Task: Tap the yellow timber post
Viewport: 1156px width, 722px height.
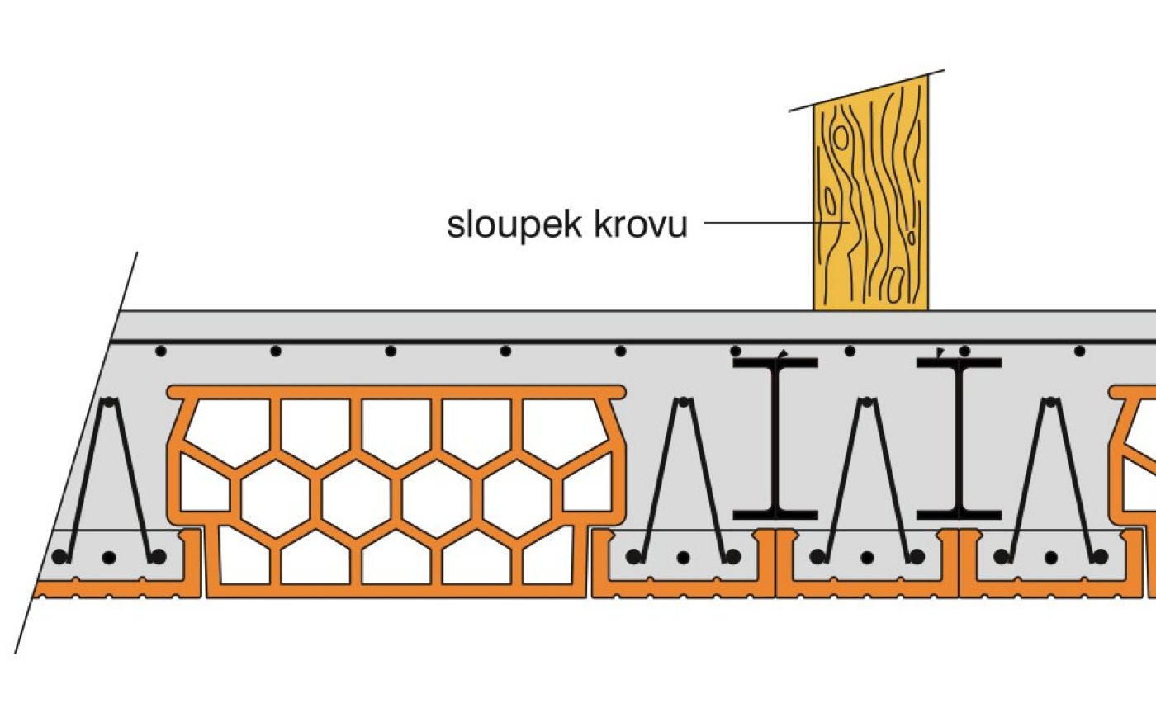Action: pyautogui.click(x=870, y=206)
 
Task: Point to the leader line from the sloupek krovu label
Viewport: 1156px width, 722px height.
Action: pyautogui.click(x=760, y=223)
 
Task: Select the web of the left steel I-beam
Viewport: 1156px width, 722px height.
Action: pyautogui.click(x=775, y=437)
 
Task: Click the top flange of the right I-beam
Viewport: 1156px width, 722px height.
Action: pyautogui.click(x=959, y=362)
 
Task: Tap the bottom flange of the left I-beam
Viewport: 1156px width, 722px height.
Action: pyautogui.click(x=775, y=515)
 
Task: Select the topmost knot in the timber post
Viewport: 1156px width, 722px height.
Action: pyautogui.click(x=841, y=137)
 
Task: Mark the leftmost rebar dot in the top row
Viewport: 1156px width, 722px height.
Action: pyautogui.click(x=161, y=352)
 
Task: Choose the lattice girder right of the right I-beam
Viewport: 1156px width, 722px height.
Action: pyautogui.click(x=1051, y=479)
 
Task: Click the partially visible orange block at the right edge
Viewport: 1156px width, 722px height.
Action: pyautogui.click(x=1135, y=462)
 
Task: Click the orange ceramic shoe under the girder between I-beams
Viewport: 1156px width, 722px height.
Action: pyautogui.click(x=867, y=586)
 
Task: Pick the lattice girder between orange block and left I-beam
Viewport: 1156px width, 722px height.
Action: pyautogui.click(x=682, y=479)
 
